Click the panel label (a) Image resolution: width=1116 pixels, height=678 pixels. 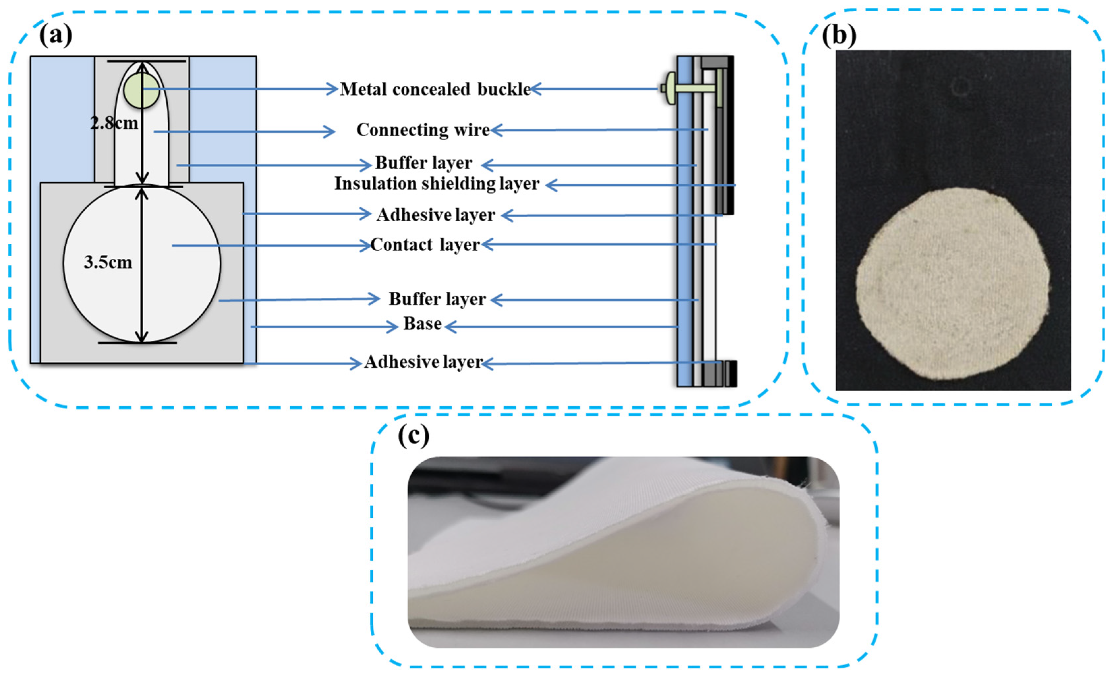point(55,35)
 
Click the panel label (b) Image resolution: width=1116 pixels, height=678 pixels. point(839,35)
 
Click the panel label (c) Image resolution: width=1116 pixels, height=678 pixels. point(413,436)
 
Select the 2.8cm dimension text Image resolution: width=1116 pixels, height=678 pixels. point(114,123)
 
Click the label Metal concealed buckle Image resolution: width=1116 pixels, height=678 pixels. point(435,89)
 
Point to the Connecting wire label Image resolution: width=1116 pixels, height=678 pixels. point(422,130)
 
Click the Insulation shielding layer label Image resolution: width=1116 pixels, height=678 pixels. point(437,184)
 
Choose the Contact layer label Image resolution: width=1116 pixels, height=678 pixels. point(425,245)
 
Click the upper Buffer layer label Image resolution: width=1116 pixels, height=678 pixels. point(423,163)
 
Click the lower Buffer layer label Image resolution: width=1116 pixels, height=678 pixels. point(437,299)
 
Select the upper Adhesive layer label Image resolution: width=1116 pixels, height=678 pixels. point(436,215)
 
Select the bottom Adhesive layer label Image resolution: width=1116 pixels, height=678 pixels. point(423,362)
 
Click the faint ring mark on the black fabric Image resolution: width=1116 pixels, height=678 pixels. point(961,86)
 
